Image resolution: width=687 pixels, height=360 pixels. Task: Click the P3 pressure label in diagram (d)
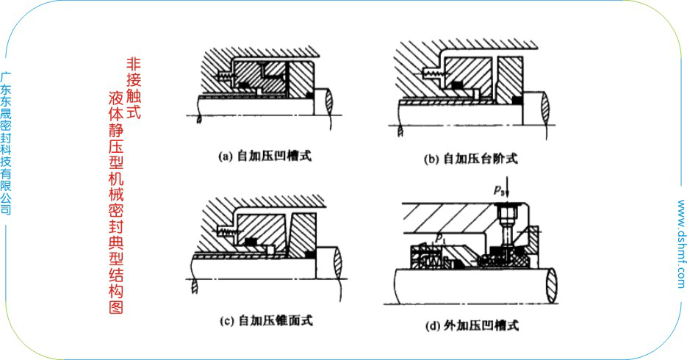pos(499,190)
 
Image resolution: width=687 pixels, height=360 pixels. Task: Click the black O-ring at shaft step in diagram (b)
pos(516,98)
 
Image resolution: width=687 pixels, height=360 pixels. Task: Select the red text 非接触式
pos(133,90)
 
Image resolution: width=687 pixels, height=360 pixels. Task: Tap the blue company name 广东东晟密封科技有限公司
pos(7,143)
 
